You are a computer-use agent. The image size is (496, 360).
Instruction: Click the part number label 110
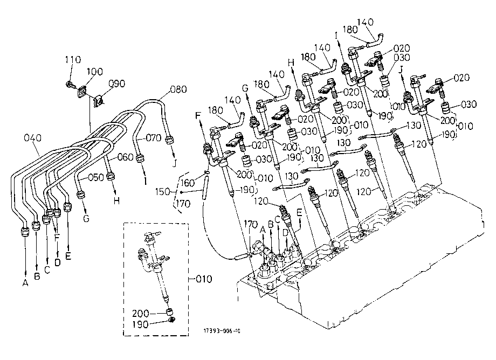click(x=73, y=59)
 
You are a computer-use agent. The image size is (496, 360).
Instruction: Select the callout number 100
click(x=94, y=72)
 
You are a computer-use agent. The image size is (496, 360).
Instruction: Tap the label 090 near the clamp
click(x=117, y=84)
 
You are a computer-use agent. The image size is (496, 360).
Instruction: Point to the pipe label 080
click(x=178, y=89)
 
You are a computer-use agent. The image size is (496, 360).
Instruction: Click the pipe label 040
click(x=32, y=138)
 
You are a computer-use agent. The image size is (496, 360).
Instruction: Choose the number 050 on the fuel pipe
click(x=96, y=177)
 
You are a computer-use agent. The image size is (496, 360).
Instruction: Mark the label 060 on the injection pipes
click(x=125, y=157)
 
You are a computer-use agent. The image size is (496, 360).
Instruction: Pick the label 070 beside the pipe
click(x=154, y=138)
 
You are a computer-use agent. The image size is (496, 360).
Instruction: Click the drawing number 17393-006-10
click(x=222, y=331)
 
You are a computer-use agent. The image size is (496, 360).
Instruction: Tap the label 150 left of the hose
click(x=163, y=191)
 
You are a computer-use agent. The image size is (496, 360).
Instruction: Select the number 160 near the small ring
click(x=187, y=183)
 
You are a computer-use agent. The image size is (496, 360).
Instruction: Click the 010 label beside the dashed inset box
click(x=204, y=279)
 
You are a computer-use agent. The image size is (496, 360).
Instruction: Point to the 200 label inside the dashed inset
click(x=141, y=313)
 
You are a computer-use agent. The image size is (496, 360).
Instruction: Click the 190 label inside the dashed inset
click(x=141, y=324)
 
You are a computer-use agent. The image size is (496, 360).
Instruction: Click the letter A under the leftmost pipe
click(x=25, y=283)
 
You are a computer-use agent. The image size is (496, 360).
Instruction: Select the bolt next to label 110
click(x=71, y=85)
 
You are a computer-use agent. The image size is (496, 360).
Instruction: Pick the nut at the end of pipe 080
click(x=170, y=140)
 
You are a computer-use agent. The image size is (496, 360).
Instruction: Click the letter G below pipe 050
click(x=86, y=218)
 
